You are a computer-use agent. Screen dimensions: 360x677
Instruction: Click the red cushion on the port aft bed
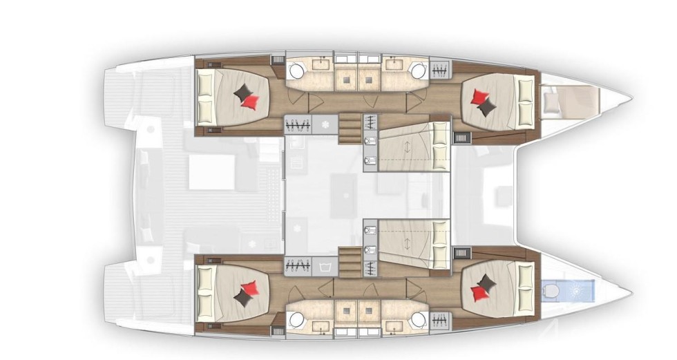(x=251, y=102)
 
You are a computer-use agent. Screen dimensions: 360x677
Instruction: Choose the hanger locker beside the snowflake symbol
(x=297, y=125)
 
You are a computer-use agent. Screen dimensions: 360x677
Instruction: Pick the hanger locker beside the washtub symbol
(x=297, y=264)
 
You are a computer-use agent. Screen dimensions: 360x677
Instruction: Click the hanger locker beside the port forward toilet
(x=439, y=69)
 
